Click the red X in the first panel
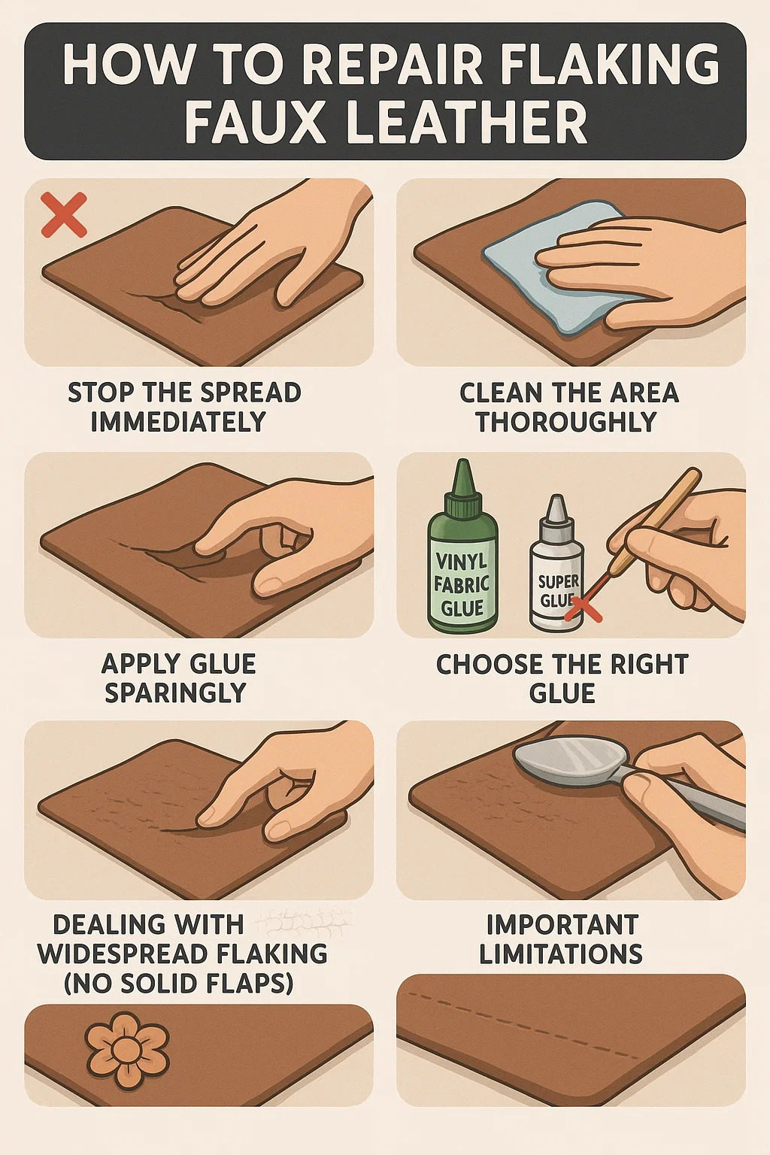coord(63,214)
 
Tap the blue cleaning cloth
coord(557,268)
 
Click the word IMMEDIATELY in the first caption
coord(178,422)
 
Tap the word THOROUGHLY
coord(566,422)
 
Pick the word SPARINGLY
coord(175,693)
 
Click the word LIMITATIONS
coord(561,954)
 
